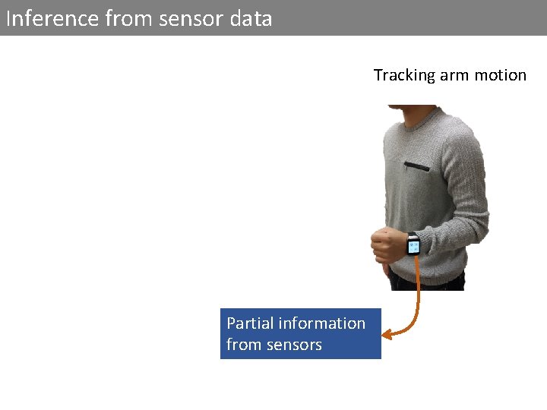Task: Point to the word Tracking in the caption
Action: pyautogui.click(x=403, y=75)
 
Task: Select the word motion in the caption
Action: pyautogui.click(x=501, y=75)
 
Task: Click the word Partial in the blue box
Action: pyautogui.click(x=250, y=323)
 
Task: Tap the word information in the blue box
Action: pyautogui.click(x=322, y=323)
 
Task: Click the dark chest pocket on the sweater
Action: pyautogui.click(x=417, y=165)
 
